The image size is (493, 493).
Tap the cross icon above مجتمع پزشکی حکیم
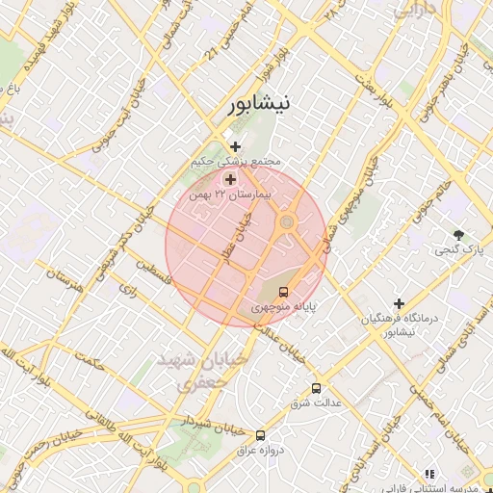[x=235, y=146]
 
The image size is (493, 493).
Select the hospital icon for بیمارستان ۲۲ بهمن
[x=230, y=179]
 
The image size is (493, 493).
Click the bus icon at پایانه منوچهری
[x=283, y=291]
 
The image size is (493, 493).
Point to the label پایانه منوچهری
[x=284, y=308]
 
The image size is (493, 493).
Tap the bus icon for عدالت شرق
[x=317, y=388]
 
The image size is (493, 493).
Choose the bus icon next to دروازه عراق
[x=260, y=436]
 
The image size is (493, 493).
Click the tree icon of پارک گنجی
[x=458, y=235]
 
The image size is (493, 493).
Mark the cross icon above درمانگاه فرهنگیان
[x=399, y=304]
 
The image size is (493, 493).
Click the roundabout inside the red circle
[x=286, y=223]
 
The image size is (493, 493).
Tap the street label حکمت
[x=91, y=361]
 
